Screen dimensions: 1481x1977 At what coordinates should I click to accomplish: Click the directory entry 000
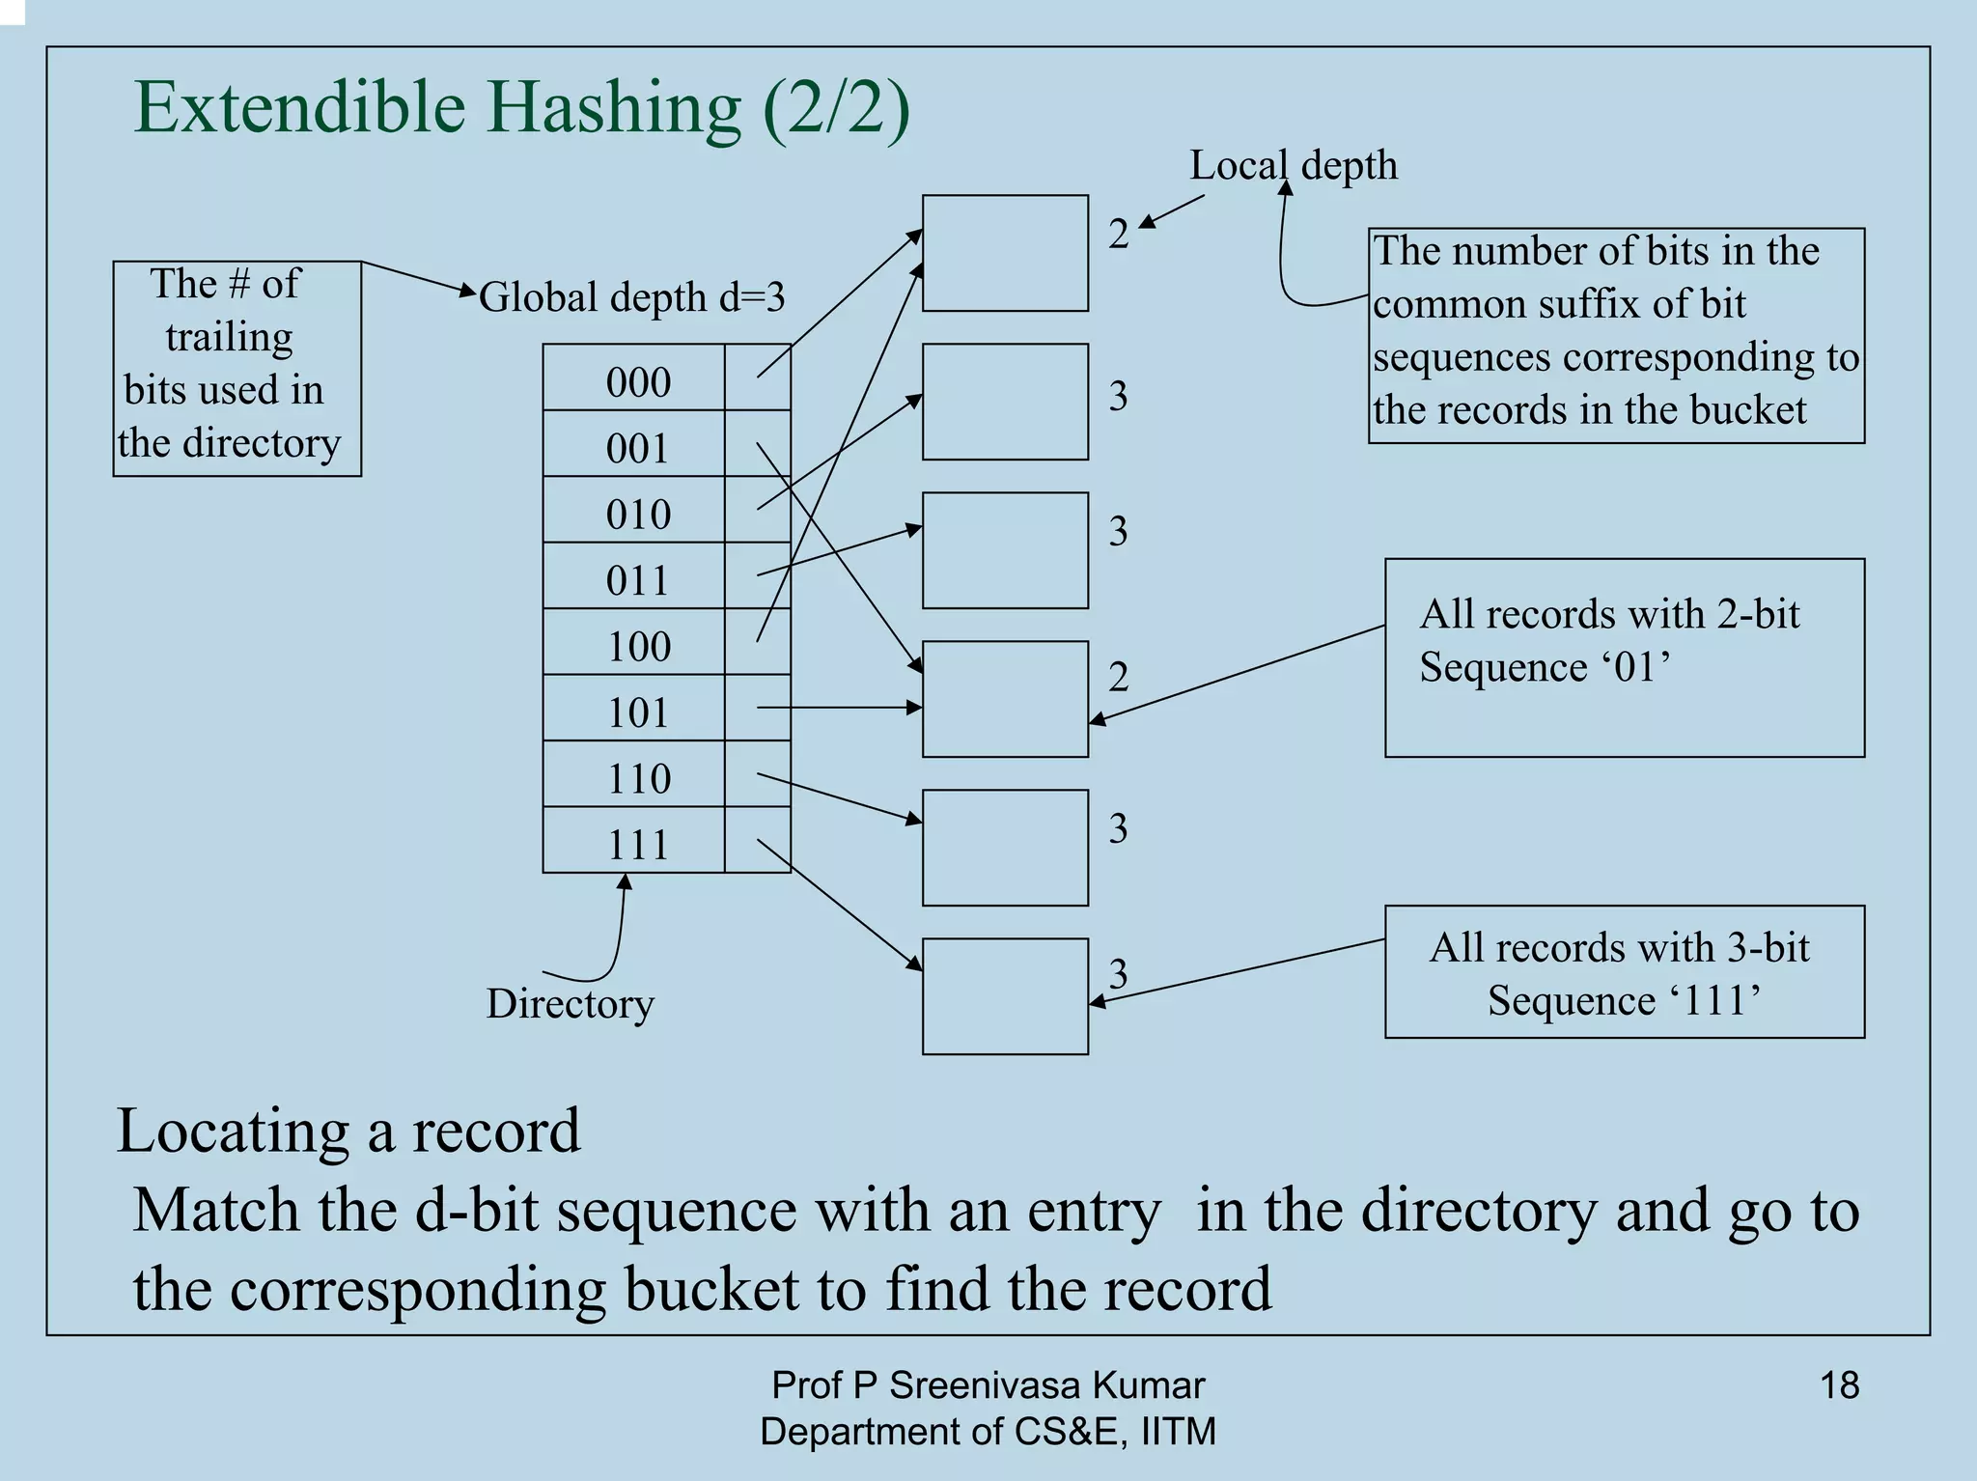637,381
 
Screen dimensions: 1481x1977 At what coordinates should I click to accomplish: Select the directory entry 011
637,580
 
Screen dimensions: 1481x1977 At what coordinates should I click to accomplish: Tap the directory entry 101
637,713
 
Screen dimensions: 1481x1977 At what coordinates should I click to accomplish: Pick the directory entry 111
637,845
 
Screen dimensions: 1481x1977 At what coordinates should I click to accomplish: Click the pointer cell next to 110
758,774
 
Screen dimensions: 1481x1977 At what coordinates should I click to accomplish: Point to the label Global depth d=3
632,297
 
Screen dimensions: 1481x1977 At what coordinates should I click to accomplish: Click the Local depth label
1294,165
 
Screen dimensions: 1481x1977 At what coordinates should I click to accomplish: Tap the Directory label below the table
570,1004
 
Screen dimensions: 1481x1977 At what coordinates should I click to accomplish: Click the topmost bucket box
1005,253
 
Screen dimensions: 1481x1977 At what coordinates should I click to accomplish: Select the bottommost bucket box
1005,996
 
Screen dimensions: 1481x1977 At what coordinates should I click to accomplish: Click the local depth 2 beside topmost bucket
1118,234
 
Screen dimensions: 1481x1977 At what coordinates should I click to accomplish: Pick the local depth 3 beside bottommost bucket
1118,973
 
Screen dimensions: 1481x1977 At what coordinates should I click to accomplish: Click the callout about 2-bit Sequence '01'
1624,657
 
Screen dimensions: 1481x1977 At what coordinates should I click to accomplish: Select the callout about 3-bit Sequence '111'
1624,972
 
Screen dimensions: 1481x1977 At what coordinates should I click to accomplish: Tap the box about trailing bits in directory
237,368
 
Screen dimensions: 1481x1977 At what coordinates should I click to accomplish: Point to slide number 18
1839,1385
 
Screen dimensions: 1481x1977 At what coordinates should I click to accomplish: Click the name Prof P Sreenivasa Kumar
988,1385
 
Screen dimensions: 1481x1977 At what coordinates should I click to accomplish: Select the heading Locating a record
348,1130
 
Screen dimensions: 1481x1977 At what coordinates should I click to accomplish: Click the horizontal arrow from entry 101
840,708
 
